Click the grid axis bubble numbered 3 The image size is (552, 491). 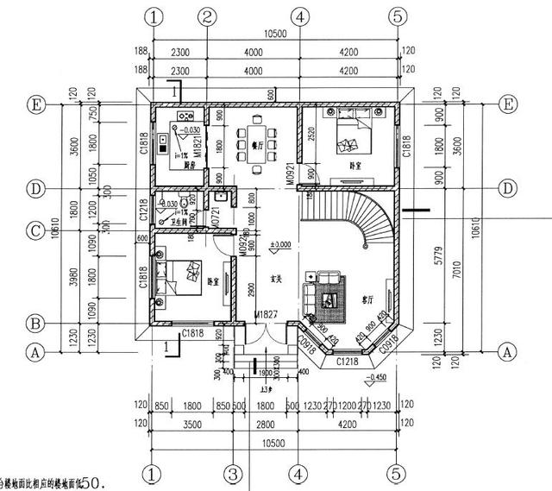click(232, 473)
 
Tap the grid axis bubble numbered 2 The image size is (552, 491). click(206, 16)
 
